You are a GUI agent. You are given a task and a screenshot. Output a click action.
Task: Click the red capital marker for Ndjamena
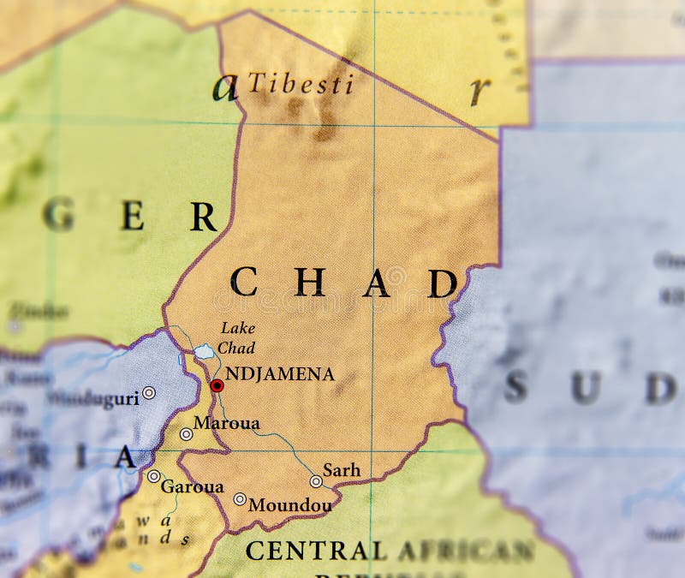point(217,386)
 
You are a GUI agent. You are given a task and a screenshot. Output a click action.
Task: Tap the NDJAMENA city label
point(279,375)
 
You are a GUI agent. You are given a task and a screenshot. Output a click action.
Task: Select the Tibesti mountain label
point(301,84)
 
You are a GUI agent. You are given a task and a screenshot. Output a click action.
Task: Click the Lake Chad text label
point(237,337)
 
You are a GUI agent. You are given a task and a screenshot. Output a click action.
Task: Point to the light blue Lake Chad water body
point(204,351)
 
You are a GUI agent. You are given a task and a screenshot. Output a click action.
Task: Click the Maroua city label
point(226,423)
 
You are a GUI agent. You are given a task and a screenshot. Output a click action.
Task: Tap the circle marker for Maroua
point(186,434)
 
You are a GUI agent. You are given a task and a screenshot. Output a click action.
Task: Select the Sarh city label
point(341,471)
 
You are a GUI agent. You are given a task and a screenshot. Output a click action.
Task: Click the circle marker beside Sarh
point(316,481)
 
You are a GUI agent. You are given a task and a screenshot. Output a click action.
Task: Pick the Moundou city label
point(289,505)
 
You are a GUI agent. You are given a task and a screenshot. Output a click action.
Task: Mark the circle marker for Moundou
point(240,499)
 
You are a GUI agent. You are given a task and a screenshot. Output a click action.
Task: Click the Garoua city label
point(192,486)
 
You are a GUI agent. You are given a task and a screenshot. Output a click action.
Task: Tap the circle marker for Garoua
point(153,476)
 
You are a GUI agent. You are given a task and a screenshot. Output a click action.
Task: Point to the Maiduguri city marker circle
point(149,392)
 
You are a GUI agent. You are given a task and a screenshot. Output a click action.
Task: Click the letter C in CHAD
point(243,282)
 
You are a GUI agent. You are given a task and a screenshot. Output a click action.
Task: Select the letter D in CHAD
point(442,283)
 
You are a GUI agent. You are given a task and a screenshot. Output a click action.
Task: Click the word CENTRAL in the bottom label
point(316,550)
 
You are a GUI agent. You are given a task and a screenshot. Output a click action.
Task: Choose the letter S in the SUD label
point(515,388)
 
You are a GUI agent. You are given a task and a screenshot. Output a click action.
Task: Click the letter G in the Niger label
point(58,214)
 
